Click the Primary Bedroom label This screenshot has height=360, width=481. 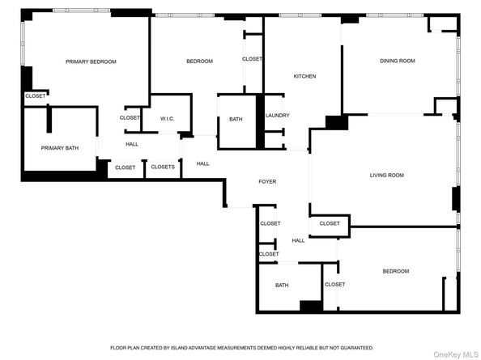pos(91,61)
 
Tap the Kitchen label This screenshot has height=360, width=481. pos(304,77)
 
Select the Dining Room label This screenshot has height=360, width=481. pos(397,61)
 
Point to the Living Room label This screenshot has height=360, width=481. pos(386,175)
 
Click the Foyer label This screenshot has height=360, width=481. pos(267,182)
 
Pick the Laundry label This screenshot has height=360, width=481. pos(277,116)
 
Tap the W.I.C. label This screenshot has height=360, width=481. pos(167,118)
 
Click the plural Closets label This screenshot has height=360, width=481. pos(163,167)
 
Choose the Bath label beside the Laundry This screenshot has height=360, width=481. pos(236,120)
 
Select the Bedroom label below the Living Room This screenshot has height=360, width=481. pos(395,271)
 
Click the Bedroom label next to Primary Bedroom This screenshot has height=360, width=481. pos(199,61)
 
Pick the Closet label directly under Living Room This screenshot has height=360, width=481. pos(329,223)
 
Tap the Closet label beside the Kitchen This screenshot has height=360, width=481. pos(252,59)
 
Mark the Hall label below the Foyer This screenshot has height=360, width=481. pos(298,240)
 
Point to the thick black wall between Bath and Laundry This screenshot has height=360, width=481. pos(260,121)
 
